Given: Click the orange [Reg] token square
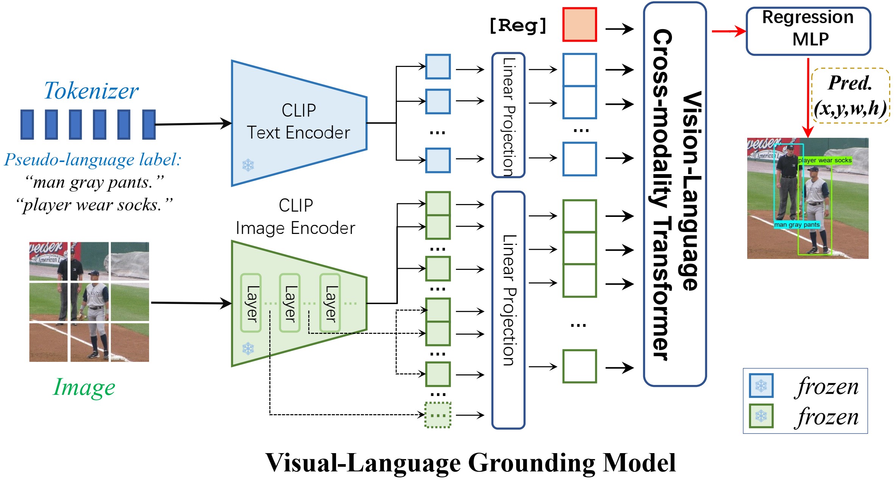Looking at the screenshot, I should tap(579, 25).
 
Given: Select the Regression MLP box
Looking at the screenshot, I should tap(808, 31).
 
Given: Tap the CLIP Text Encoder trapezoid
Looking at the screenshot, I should tap(299, 123).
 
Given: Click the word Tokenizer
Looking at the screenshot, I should tap(91, 91).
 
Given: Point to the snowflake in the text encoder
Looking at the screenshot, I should tap(248, 165).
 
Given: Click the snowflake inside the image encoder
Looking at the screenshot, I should tap(248, 349).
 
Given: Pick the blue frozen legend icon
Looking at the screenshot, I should tap(761, 386).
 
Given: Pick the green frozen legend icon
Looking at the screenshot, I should tap(761, 416).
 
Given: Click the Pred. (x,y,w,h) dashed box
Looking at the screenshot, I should tap(850, 96).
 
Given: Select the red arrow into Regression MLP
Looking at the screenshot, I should tap(728, 31).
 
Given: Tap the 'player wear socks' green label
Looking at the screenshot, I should tap(825, 161).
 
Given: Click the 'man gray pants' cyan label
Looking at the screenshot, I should tap(797, 225).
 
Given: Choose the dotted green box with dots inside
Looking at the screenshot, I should tap(438, 415).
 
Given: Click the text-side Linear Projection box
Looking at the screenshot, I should tap(508, 115).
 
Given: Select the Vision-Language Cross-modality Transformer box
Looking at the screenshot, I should tap(675, 194).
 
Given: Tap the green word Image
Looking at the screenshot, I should tap(84, 387).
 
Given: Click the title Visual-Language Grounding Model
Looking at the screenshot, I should tap(470, 463).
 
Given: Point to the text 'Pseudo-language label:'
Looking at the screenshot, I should tap(93, 160).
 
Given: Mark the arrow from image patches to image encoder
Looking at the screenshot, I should tap(191, 303).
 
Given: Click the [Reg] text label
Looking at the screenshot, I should tap(518, 26).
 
